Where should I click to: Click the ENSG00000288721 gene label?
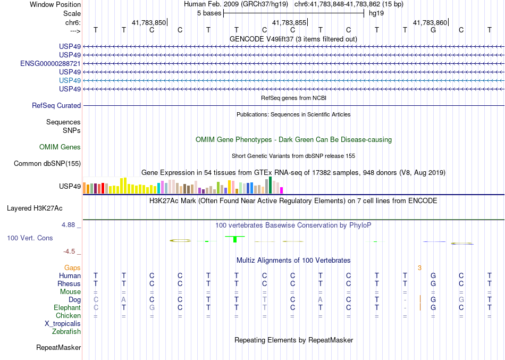[x=50, y=63]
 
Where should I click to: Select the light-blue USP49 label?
[x=70, y=80]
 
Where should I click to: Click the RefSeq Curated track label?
[x=56, y=106]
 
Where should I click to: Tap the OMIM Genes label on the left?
[x=60, y=147]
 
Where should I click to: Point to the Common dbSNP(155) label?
[x=47, y=164]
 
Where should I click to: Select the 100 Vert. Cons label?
[x=30, y=238]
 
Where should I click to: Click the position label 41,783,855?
[x=289, y=22]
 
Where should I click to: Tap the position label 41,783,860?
[x=430, y=22]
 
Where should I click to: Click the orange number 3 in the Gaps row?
[x=419, y=267]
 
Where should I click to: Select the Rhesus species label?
[x=69, y=283]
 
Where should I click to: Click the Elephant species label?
[x=68, y=307]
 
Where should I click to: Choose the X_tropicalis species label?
[x=63, y=323]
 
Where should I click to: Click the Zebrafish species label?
[x=66, y=331]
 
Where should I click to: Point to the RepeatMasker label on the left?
[x=58, y=348]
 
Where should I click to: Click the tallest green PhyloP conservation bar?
[x=234, y=239]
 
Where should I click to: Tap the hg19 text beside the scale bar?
[x=376, y=12]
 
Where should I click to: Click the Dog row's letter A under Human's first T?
[x=124, y=299]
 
